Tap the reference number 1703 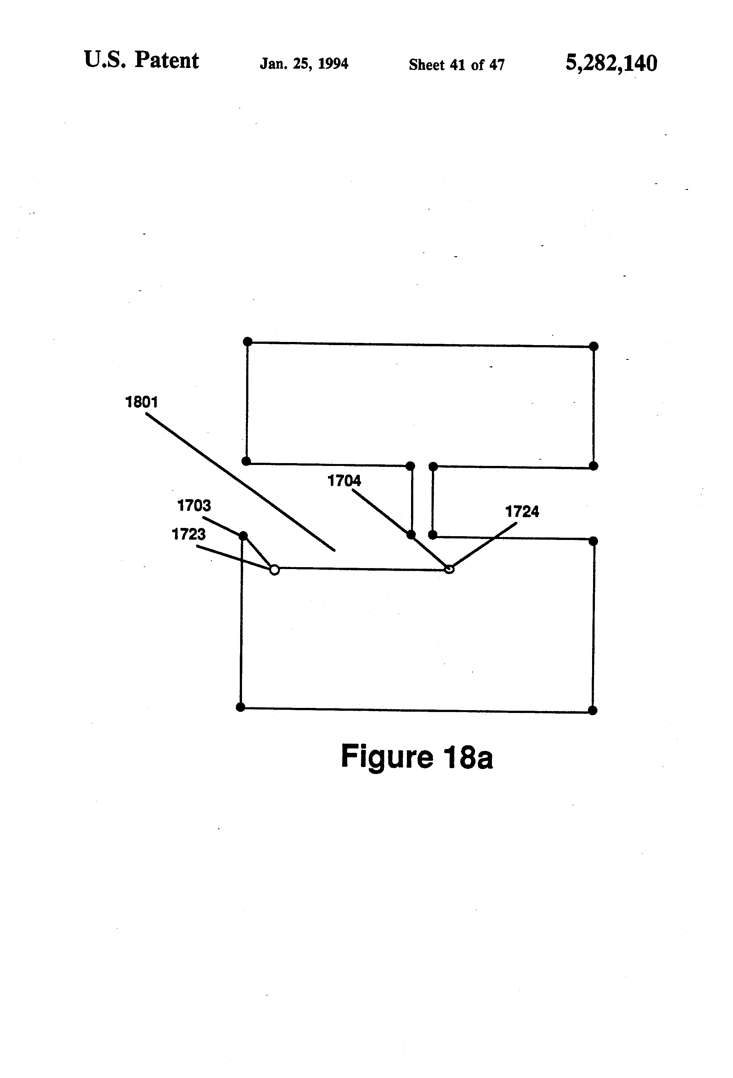click(x=194, y=505)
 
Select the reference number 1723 click(x=189, y=534)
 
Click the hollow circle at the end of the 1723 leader click(x=274, y=570)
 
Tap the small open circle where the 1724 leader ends click(x=449, y=569)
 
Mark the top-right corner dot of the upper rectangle click(x=594, y=346)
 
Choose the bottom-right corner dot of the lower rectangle click(x=593, y=710)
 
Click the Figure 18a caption click(x=416, y=757)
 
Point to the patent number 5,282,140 click(x=611, y=63)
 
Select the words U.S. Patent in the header click(x=141, y=60)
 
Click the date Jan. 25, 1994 click(x=304, y=64)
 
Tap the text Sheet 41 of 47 click(x=457, y=65)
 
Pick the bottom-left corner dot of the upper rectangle click(x=246, y=461)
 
